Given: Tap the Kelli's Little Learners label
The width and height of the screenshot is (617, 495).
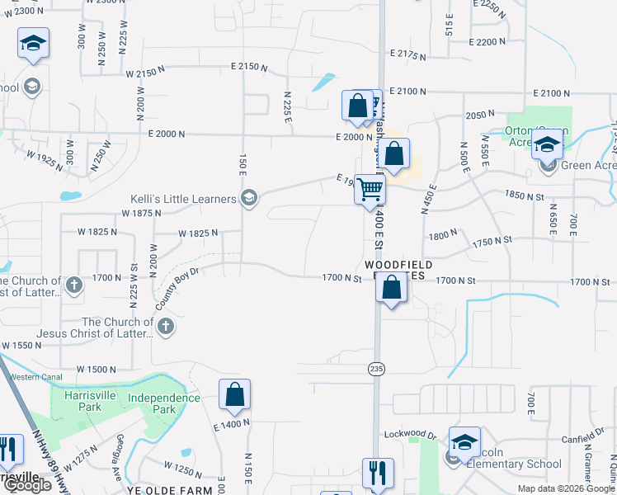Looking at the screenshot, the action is (x=184, y=198).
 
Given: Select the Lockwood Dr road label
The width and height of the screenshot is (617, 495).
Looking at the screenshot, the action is (x=408, y=434).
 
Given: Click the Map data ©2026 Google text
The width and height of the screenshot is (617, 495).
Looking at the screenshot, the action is (x=565, y=488).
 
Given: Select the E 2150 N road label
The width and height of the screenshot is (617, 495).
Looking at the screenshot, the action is (x=250, y=65).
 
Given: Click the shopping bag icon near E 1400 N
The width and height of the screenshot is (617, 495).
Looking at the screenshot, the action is (x=234, y=395).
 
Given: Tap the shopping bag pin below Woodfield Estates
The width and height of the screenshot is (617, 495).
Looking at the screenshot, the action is (x=393, y=290).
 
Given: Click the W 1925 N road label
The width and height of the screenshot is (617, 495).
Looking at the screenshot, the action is (x=45, y=155).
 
